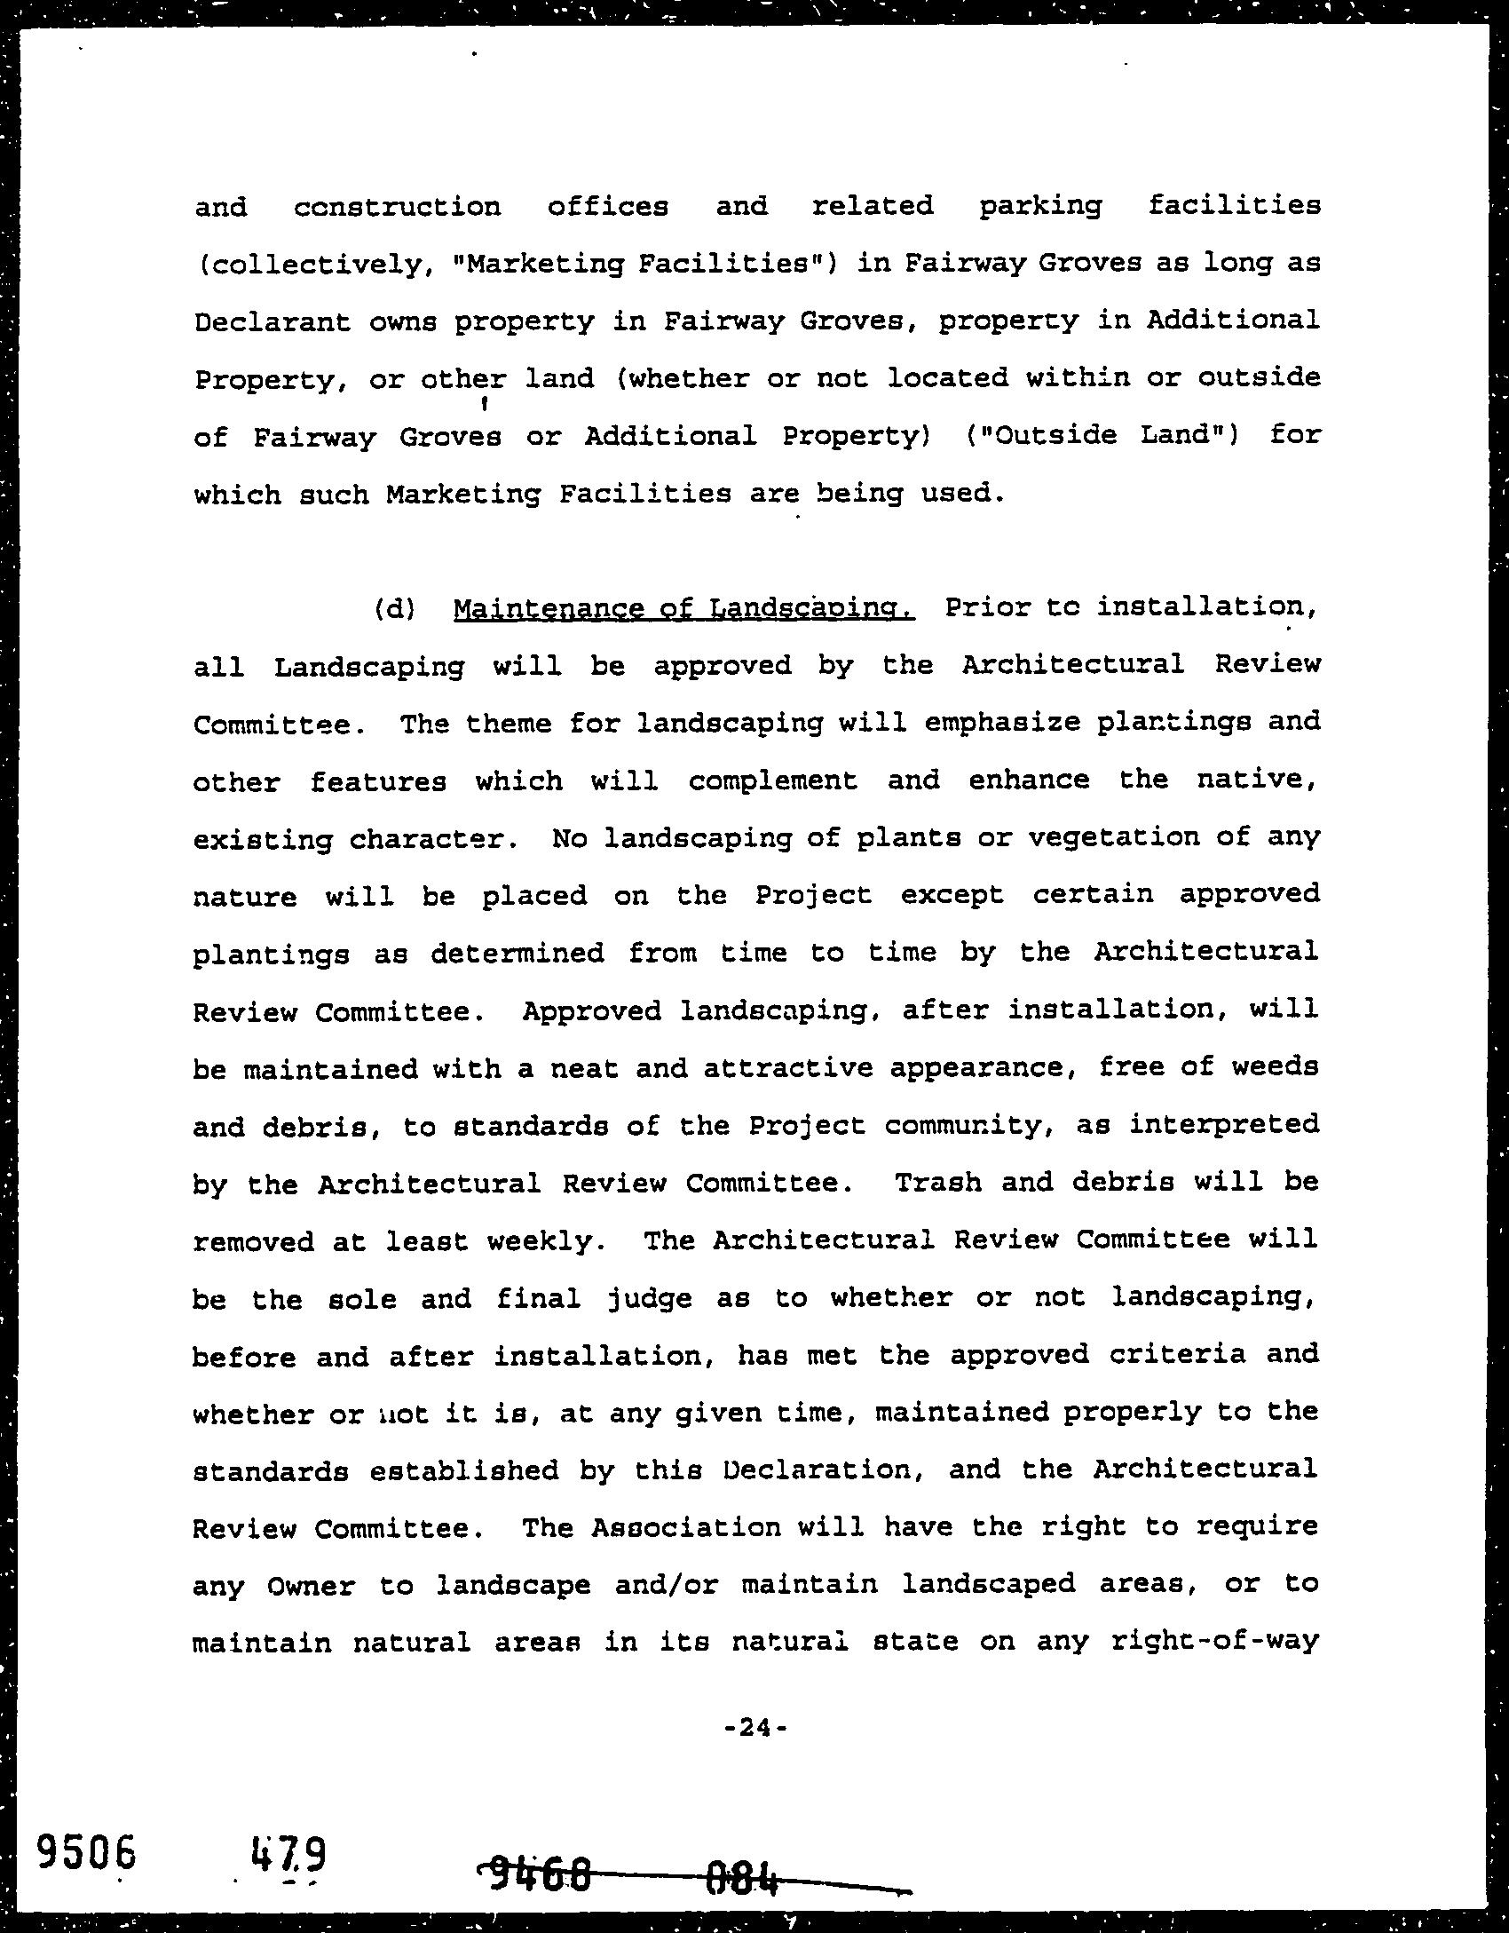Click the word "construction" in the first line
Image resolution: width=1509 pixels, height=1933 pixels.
click(x=397, y=208)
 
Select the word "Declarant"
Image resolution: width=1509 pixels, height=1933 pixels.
click(x=273, y=322)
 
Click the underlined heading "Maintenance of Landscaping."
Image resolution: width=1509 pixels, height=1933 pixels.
click(x=683, y=609)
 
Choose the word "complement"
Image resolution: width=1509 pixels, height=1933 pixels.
click(x=773, y=781)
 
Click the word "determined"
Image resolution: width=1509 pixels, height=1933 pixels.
click(x=517, y=954)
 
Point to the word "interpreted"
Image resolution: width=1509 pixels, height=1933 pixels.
click(x=1224, y=1125)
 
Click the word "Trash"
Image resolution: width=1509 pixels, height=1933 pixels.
click(x=937, y=1184)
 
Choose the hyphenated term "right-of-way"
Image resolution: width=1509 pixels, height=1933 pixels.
click(x=1214, y=1642)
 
